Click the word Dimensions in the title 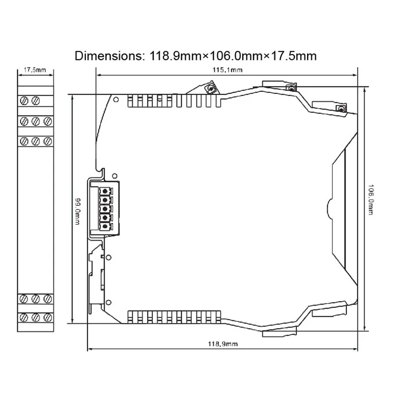[x=109, y=56]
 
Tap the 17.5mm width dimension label [x=35, y=70]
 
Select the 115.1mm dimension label [x=227, y=70]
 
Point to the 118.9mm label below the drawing [x=223, y=344]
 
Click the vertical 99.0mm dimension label [x=78, y=212]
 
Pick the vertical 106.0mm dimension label [x=370, y=199]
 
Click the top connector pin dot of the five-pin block [x=105, y=192]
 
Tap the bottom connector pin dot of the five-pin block [x=105, y=226]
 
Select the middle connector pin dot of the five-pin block [x=105, y=209]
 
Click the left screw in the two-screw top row [x=24, y=101]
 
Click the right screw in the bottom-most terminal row [x=48, y=317]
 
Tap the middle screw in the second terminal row [x=35, y=121]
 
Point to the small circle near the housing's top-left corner [x=116, y=100]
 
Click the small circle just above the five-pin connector [x=114, y=176]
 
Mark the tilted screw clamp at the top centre [x=210, y=88]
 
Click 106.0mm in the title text [x=235, y=56]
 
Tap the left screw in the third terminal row [x=24, y=141]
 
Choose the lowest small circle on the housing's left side [x=109, y=303]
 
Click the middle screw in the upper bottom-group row [x=35, y=299]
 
